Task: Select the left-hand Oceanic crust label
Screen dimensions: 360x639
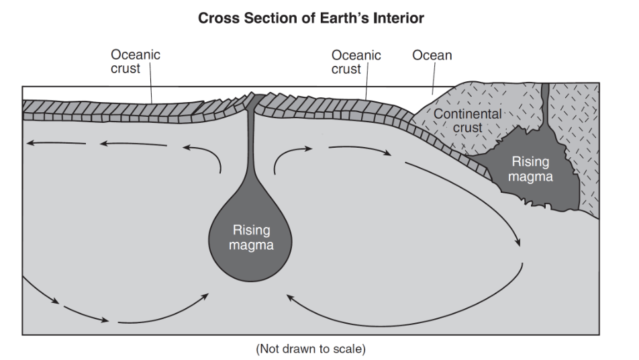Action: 136,62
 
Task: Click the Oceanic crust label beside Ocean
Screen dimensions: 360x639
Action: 356,62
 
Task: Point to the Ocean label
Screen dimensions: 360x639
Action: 432,55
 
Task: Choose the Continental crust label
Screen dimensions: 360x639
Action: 467,120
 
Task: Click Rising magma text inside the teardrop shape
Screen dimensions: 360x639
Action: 251,238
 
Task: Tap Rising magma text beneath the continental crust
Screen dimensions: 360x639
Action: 530,169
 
